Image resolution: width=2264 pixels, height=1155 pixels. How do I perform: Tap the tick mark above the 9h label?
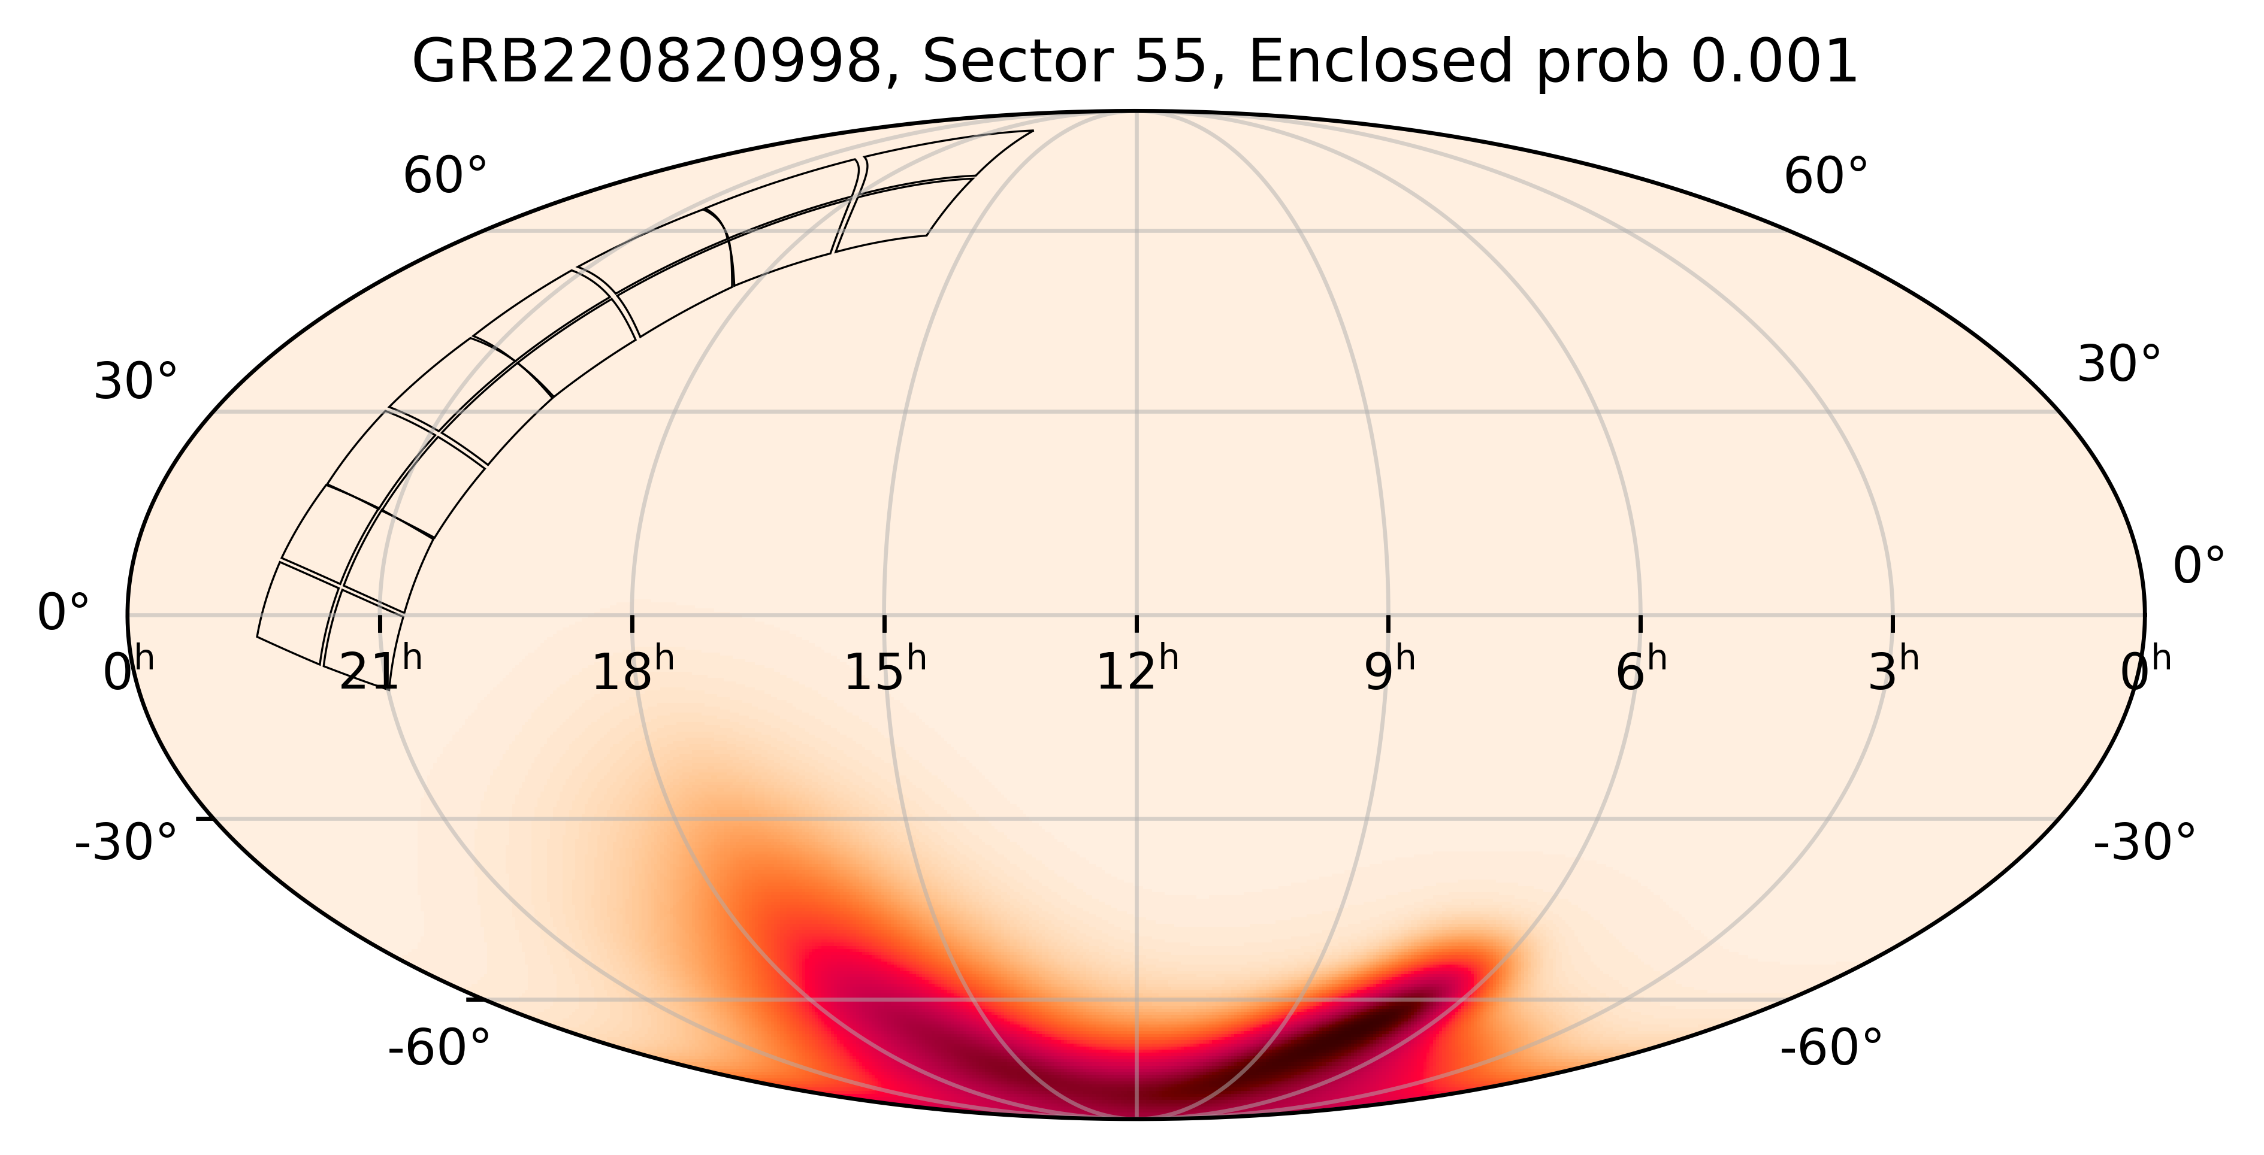point(1389,624)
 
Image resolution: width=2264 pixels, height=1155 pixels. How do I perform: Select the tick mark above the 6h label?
point(1641,624)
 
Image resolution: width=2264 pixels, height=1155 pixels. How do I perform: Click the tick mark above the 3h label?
point(1893,624)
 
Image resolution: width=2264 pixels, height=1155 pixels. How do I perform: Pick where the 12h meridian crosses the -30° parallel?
point(1136,818)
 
